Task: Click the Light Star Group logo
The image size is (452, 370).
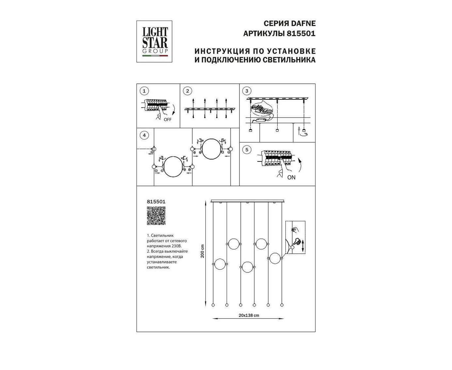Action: (x=154, y=42)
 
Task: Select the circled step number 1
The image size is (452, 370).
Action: (x=144, y=91)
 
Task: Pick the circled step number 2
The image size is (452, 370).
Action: (x=187, y=91)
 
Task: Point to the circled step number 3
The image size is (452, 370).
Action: (x=247, y=91)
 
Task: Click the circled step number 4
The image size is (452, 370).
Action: (x=144, y=135)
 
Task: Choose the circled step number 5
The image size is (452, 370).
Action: (x=247, y=150)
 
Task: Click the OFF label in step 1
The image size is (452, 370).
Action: (x=168, y=120)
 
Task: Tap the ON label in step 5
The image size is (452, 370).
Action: (x=291, y=177)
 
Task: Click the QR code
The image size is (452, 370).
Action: (x=156, y=216)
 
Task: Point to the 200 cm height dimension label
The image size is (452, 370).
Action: (x=202, y=251)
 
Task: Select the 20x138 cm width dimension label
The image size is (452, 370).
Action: (x=249, y=315)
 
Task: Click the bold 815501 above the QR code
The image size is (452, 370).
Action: (x=156, y=202)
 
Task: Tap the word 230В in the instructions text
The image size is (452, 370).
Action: (x=177, y=246)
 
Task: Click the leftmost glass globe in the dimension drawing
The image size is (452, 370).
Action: (x=220, y=264)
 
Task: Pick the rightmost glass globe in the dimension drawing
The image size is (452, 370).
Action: (x=275, y=258)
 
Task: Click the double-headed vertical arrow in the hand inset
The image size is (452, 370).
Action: (x=303, y=246)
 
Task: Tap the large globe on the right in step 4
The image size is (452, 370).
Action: (x=211, y=149)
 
